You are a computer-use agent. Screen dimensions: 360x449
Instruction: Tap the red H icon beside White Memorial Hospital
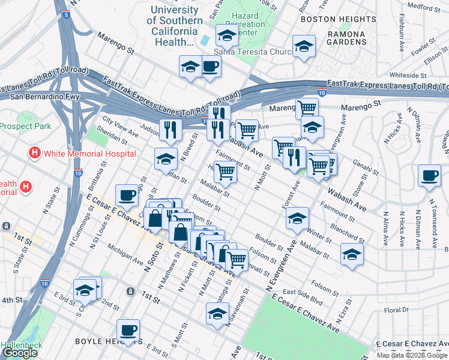pos(35,154)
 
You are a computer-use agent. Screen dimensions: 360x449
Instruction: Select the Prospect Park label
pos(25,127)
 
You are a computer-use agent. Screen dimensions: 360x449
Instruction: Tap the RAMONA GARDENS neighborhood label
pos(347,38)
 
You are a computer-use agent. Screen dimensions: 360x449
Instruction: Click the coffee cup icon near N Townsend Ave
pos(429,175)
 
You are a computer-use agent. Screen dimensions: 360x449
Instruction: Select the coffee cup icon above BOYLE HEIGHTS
pos(129,329)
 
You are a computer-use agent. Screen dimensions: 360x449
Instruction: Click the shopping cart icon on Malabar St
pos(226,172)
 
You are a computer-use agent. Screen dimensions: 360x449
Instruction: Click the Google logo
pos(20,353)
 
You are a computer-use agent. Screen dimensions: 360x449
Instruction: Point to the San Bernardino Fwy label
pos(35,96)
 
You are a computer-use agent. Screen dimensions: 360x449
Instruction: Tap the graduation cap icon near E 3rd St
pos(85,290)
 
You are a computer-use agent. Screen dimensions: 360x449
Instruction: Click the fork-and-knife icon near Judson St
pos(170,129)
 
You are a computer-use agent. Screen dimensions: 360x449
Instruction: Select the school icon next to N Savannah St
pos(217,313)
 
